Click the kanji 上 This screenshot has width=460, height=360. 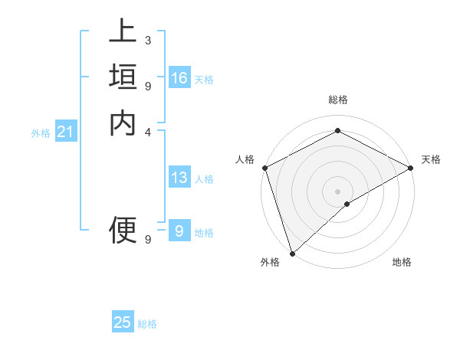pos(123,34)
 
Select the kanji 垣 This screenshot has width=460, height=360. pos(123,77)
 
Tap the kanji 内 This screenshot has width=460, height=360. pos(123,123)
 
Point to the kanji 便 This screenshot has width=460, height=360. pos(123,228)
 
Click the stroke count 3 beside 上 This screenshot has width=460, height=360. pos(147,40)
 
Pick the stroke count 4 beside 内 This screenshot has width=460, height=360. pos(147,131)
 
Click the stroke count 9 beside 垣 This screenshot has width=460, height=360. pos(147,85)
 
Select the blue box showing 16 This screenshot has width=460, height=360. pos(179,78)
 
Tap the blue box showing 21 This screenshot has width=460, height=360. pos(66,133)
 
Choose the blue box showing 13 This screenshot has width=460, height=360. pos(179,178)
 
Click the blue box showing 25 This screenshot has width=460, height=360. pos(123,323)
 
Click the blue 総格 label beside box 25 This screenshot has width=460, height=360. pos(148,324)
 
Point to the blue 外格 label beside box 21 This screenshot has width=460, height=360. pos(41,133)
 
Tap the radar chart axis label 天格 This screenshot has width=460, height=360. pos(431,159)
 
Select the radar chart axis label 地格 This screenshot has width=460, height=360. pos(402,262)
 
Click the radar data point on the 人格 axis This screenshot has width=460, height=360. pos(264,168)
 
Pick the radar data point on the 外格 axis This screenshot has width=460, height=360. pos(292,253)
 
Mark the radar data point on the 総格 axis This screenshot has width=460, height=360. pos(337,130)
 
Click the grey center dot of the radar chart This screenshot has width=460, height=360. pos(337,191)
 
